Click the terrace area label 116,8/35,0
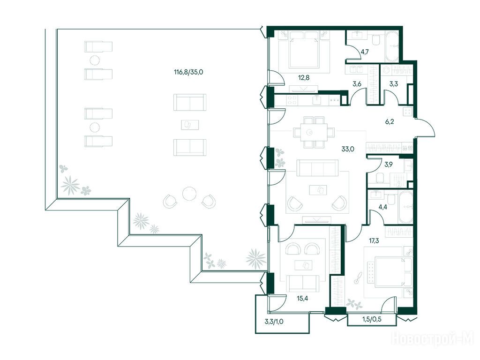[188, 73]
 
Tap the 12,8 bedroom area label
[304, 78]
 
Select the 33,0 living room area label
[348, 150]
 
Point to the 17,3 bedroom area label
[374, 241]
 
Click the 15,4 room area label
[302, 299]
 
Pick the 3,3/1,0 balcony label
[274, 322]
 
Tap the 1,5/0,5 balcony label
[372, 320]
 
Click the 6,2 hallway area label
[390, 122]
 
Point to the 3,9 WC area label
[389, 165]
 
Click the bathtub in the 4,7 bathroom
[391, 46]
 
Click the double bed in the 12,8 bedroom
[304, 52]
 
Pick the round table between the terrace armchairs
[189, 194]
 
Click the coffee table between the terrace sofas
[190, 125]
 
